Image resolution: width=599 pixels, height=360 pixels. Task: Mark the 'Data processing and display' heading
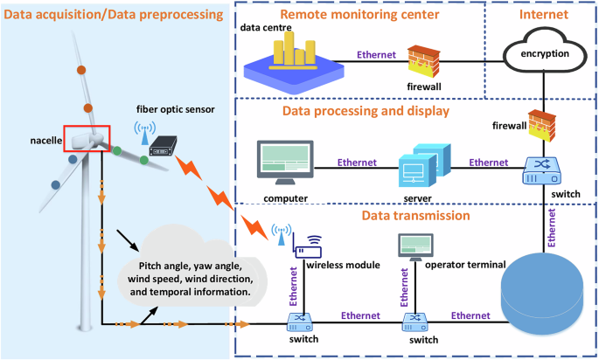366,111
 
